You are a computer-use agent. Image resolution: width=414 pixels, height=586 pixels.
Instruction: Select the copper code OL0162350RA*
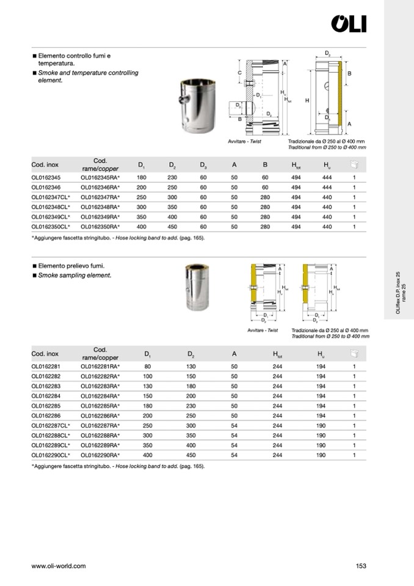(x=100, y=227)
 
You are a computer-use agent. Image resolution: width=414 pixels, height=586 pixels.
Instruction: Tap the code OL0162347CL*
(x=51, y=197)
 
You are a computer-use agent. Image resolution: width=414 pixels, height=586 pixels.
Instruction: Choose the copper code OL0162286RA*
(x=100, y=416)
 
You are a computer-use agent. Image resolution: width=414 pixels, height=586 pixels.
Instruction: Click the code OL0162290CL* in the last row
(x=51, y=455)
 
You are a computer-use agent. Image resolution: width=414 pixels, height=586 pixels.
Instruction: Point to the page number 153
(x=360, y=566)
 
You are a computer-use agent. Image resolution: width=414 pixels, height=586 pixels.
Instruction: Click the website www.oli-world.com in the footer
(x=59, y=566)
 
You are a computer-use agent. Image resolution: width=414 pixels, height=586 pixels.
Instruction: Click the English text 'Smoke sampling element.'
(x=74, y=276)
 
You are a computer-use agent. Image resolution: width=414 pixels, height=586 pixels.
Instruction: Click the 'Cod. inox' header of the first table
(x=45, y=165)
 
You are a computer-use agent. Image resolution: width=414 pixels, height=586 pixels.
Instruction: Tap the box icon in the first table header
(x=354, y=164)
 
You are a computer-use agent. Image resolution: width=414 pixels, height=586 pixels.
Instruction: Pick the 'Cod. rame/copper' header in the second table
(x=100, y=353)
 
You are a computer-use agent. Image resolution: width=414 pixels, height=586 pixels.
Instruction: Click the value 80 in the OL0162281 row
(x=148, y=367)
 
